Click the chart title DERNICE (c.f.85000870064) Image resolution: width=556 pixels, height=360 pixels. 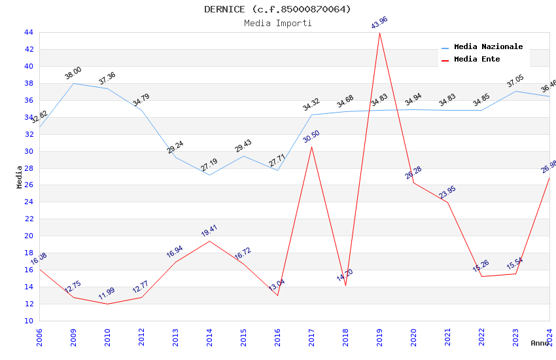(277, 9)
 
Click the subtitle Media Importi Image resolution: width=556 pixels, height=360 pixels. (277, 24)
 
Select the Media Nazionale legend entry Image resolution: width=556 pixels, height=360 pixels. (488, 47)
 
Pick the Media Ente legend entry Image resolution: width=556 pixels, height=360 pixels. (477, 60)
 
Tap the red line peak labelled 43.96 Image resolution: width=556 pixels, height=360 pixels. (379, 32)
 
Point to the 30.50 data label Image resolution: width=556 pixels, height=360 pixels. (311, 137)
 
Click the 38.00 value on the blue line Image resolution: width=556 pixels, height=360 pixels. (73, 73)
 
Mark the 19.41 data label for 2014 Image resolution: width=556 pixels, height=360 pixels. (209, 230)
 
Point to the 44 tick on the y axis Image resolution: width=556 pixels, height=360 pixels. (29, 32)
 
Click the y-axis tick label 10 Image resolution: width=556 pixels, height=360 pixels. (29, 321)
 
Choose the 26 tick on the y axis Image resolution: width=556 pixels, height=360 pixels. (29, 185)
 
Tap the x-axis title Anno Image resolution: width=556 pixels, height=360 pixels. (540, 343)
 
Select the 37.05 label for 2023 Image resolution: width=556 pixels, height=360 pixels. (515, 81)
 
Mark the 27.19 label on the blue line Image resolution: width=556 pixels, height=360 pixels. (209, 165)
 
